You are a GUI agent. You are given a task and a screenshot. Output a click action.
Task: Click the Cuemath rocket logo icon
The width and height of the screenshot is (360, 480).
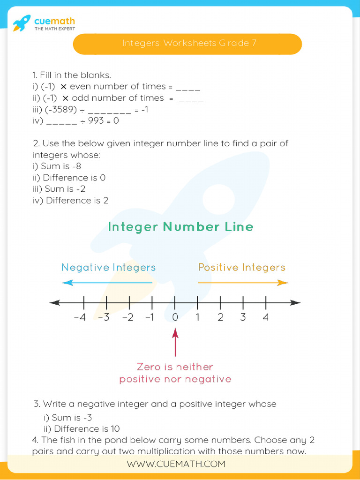click(x=22, y=23)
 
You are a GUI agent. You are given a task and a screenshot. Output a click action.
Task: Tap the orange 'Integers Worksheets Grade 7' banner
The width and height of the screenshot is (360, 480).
click(x=187, y=44)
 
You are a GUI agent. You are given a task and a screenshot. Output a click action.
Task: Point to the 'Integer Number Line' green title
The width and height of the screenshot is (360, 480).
click(x=180, y=227)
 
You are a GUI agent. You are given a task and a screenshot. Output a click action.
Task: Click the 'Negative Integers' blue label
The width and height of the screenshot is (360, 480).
click(x=108, y=268)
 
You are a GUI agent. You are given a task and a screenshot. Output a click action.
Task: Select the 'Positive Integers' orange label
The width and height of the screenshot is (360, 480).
click(x=241, y=268)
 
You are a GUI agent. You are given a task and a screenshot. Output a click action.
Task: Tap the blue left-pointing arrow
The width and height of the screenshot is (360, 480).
click(x=107, y=283)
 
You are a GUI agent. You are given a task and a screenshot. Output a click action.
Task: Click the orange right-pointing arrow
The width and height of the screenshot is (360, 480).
click(x=242, y=283)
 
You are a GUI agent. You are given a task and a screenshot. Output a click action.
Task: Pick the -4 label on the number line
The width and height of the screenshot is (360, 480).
click(x=80, y=317)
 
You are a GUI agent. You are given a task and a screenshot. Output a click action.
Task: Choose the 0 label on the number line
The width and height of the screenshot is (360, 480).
click(x=175, y=317)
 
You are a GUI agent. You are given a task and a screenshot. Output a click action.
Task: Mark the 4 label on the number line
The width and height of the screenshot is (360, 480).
click(x=266, y=317)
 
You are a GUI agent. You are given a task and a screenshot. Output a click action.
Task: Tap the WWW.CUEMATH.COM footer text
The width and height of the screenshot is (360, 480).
click(x=176, y=464)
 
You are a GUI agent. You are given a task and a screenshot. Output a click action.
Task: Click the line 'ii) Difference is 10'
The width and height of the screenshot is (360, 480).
click(x=82, y=429)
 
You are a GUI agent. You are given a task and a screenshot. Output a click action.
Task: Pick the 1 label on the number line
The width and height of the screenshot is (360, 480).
click(x=197, y=317)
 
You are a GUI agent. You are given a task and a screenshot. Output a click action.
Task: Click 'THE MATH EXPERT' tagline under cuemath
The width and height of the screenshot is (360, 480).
click(x=54, y=29)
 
